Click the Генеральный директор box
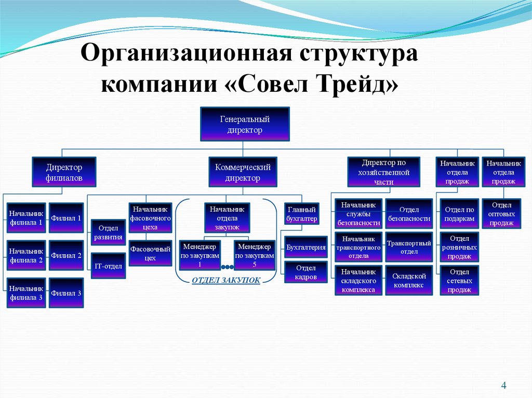[245, 125]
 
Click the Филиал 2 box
[66, 255]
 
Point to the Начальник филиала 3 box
[26, 293]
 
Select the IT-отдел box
[108, 266]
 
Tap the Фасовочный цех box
[150, 254]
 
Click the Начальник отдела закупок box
[227, 218]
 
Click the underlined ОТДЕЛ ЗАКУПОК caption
[226, 280]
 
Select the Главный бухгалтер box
[301, 215]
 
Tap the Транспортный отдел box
[409, 247]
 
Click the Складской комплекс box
[409, 281]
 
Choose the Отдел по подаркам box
[459, 214]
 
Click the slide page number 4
[503, 385]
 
